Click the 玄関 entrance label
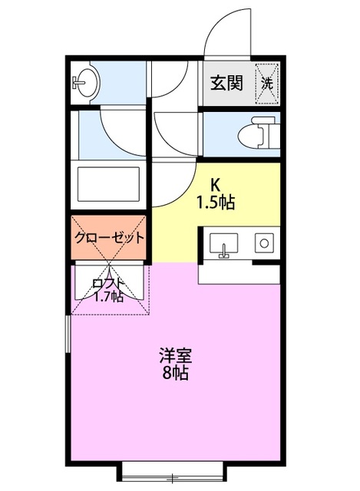[228, 81]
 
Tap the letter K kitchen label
[216, 184]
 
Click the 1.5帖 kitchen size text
[216, 203]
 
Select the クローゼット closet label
[110, 237]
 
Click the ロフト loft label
[108, 282]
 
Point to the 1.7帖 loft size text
[108, 296]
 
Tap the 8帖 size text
[175, 374]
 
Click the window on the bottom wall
[173, 466]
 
